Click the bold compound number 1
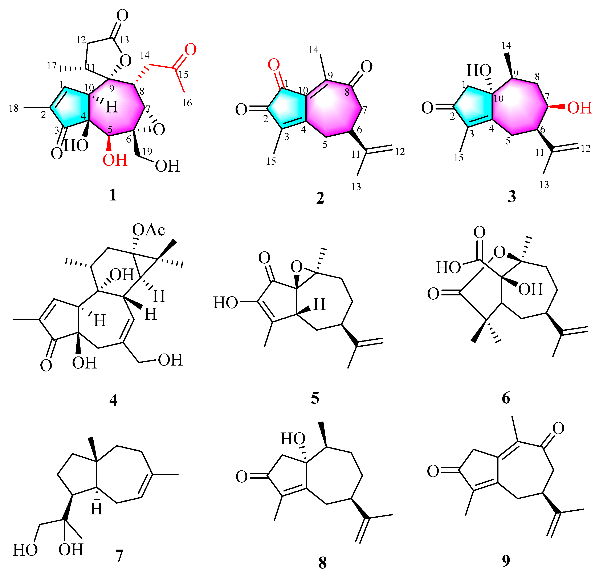pos(113,195)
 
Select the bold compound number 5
pos(315,398)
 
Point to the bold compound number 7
pos(119,555)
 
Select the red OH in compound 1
pos(115,160)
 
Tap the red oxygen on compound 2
pos(273,65)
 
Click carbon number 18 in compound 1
pos(14,108)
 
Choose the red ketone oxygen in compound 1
pos(190,49)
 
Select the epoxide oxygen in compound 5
pos(297,267)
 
